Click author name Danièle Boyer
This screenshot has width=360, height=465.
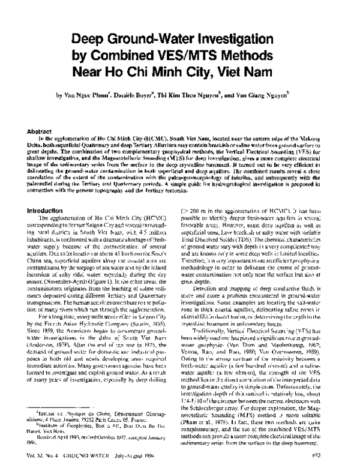coord(142,95)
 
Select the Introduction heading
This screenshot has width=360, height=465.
coord(46,211)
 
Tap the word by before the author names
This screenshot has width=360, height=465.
coord(59,95)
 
